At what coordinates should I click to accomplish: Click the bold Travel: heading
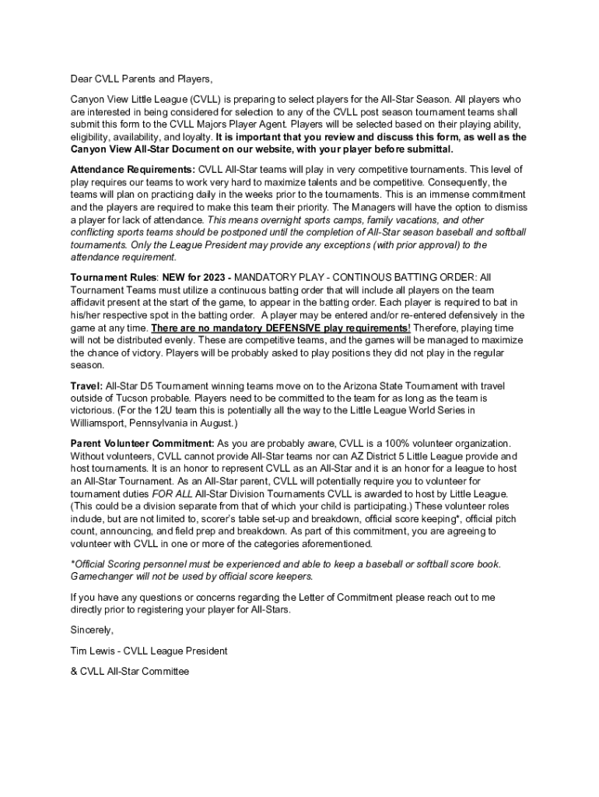[x=86, y=384]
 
